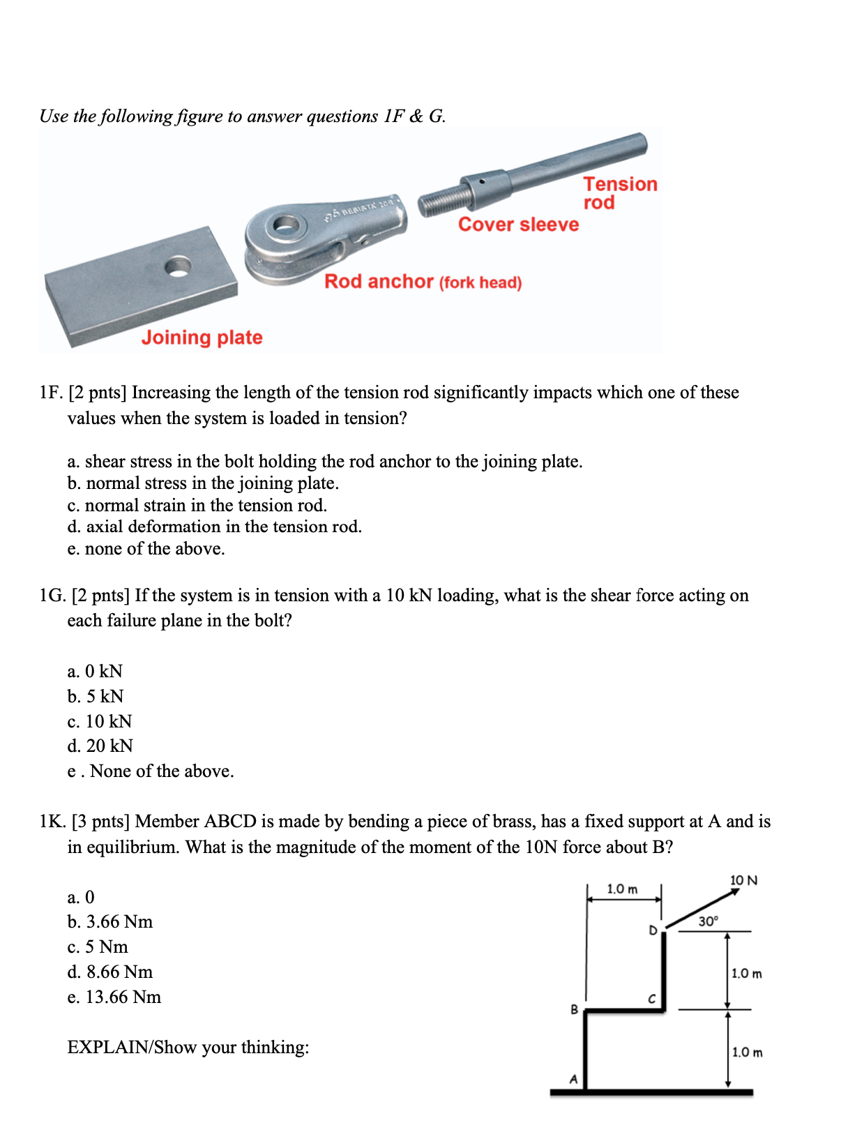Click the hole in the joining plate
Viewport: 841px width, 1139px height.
coord(179,267)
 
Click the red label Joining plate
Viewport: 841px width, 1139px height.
coord(202,338)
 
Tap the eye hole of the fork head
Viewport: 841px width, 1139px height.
coord(286,225)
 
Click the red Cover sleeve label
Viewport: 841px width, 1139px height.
coord(518,225)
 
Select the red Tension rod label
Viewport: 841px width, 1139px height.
coord(619,193)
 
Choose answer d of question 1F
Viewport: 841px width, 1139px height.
coord(214,527)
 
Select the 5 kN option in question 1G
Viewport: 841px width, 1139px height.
coord(96,696)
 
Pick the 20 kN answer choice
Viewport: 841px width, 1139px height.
coord(100,746)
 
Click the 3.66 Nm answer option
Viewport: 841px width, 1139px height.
coord(110,921)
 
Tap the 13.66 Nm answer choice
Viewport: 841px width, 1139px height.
coord(114,997)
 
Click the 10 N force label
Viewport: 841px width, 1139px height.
coord(743,880)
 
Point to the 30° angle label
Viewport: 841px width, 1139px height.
coord(708,921)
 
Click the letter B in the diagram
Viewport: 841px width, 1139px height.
coord(574,1009)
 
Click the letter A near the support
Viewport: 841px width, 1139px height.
coord(573,1079)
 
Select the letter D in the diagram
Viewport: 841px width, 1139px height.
coord(653,930)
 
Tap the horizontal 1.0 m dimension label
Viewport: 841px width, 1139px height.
coord(622,889)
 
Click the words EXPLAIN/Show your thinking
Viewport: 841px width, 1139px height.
coord(188,1047)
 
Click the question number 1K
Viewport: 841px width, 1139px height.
coord(52,822)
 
